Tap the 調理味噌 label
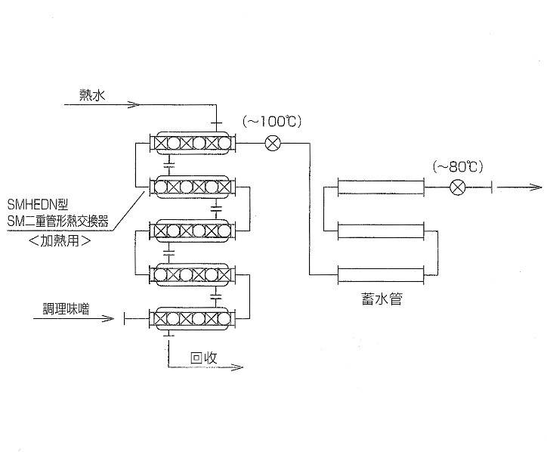65,310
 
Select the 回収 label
204,358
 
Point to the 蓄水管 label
383,300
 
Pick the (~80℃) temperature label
458,166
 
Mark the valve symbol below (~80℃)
456,187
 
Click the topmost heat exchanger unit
192,141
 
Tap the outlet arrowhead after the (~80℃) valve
536,187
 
